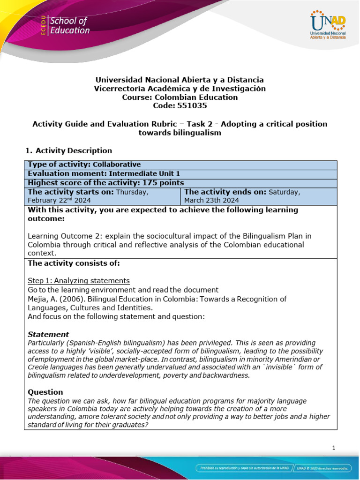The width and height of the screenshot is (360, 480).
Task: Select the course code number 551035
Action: [180, 106]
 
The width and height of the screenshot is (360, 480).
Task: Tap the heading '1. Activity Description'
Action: [69, 150]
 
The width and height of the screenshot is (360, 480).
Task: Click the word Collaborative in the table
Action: [117, 165]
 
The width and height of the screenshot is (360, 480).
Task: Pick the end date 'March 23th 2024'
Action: [212, 200]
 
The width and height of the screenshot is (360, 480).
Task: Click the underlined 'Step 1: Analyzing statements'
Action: [79, 281]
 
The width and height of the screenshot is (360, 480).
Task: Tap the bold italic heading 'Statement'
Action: [48, 334]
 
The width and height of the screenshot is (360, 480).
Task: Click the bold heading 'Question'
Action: [45, 392]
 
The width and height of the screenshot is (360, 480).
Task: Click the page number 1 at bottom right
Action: [334, 448]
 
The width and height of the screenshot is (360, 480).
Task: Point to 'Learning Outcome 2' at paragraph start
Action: [60, 235]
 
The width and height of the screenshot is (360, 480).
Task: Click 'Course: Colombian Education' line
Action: [180, 97]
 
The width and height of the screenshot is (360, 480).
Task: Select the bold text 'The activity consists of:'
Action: [74, 263]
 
